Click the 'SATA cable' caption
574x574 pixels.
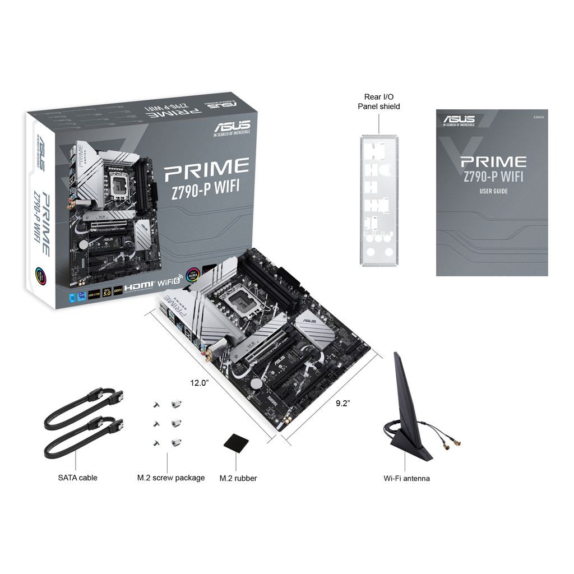click(77, 478)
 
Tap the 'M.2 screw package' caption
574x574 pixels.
click(171, 478)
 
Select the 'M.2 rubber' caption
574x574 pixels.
click(238, 478)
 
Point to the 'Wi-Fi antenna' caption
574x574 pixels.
click(406, 478)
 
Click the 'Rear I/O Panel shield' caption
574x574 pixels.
click(379, 101)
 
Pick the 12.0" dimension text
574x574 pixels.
click(199, 383)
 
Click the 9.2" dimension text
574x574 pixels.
click(343, 403)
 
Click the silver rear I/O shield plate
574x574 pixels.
click(379, 200)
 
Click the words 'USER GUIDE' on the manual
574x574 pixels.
click(493, 191)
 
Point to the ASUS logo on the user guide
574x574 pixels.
click(459, 119)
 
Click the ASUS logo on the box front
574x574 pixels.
click(231, 126)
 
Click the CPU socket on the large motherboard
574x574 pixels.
click(246, 304)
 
